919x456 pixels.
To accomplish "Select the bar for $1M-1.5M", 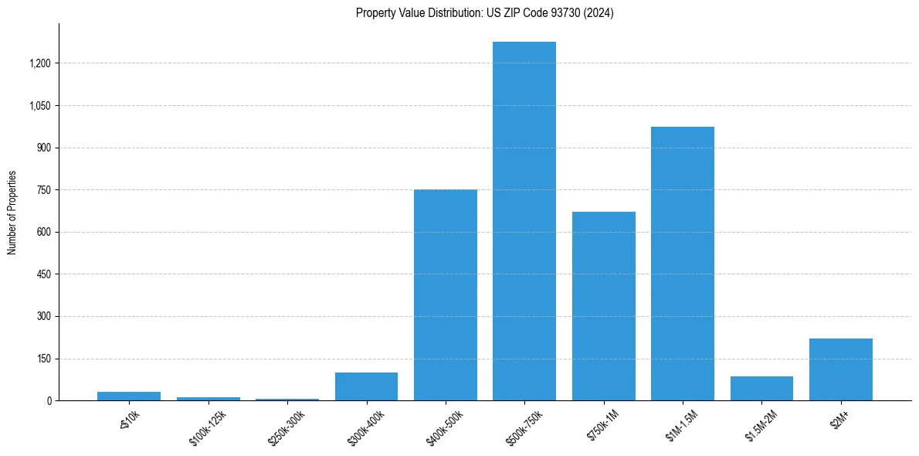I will [x=682, y=264].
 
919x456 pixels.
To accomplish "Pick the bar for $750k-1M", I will [x=603, y=306].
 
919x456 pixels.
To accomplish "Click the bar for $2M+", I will [x=840, y=369].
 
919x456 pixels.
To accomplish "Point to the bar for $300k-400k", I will [x=366, y=386].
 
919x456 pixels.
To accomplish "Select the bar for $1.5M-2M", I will [x=761, y=389].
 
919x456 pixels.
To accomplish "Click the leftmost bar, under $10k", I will [x=129, y=396].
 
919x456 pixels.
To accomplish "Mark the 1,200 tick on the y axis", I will [x=39, y=63].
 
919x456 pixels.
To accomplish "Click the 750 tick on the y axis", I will [x=43, y=190].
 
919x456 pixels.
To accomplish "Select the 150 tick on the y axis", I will [x=43, y=359].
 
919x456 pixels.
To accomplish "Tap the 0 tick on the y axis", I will [x=49, y=401].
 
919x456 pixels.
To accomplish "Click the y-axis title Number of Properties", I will [x=12, y=212].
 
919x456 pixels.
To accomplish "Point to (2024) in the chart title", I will [x=599, y=13].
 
